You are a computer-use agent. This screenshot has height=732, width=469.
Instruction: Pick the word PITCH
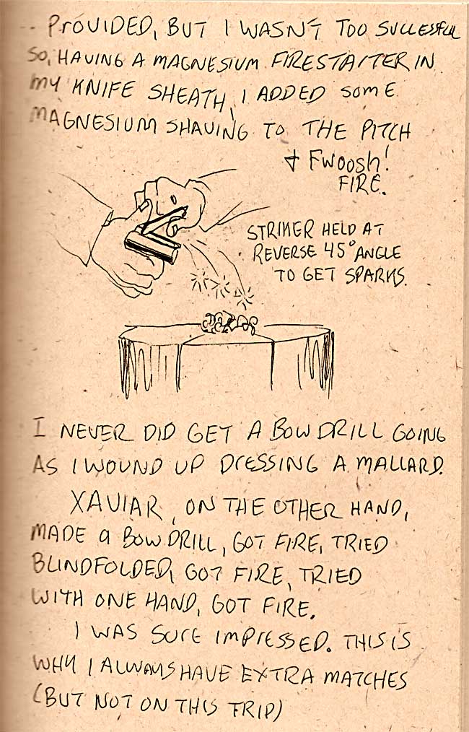(x=385, y=131)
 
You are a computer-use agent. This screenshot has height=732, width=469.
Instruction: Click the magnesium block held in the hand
(x=152, y=246)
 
